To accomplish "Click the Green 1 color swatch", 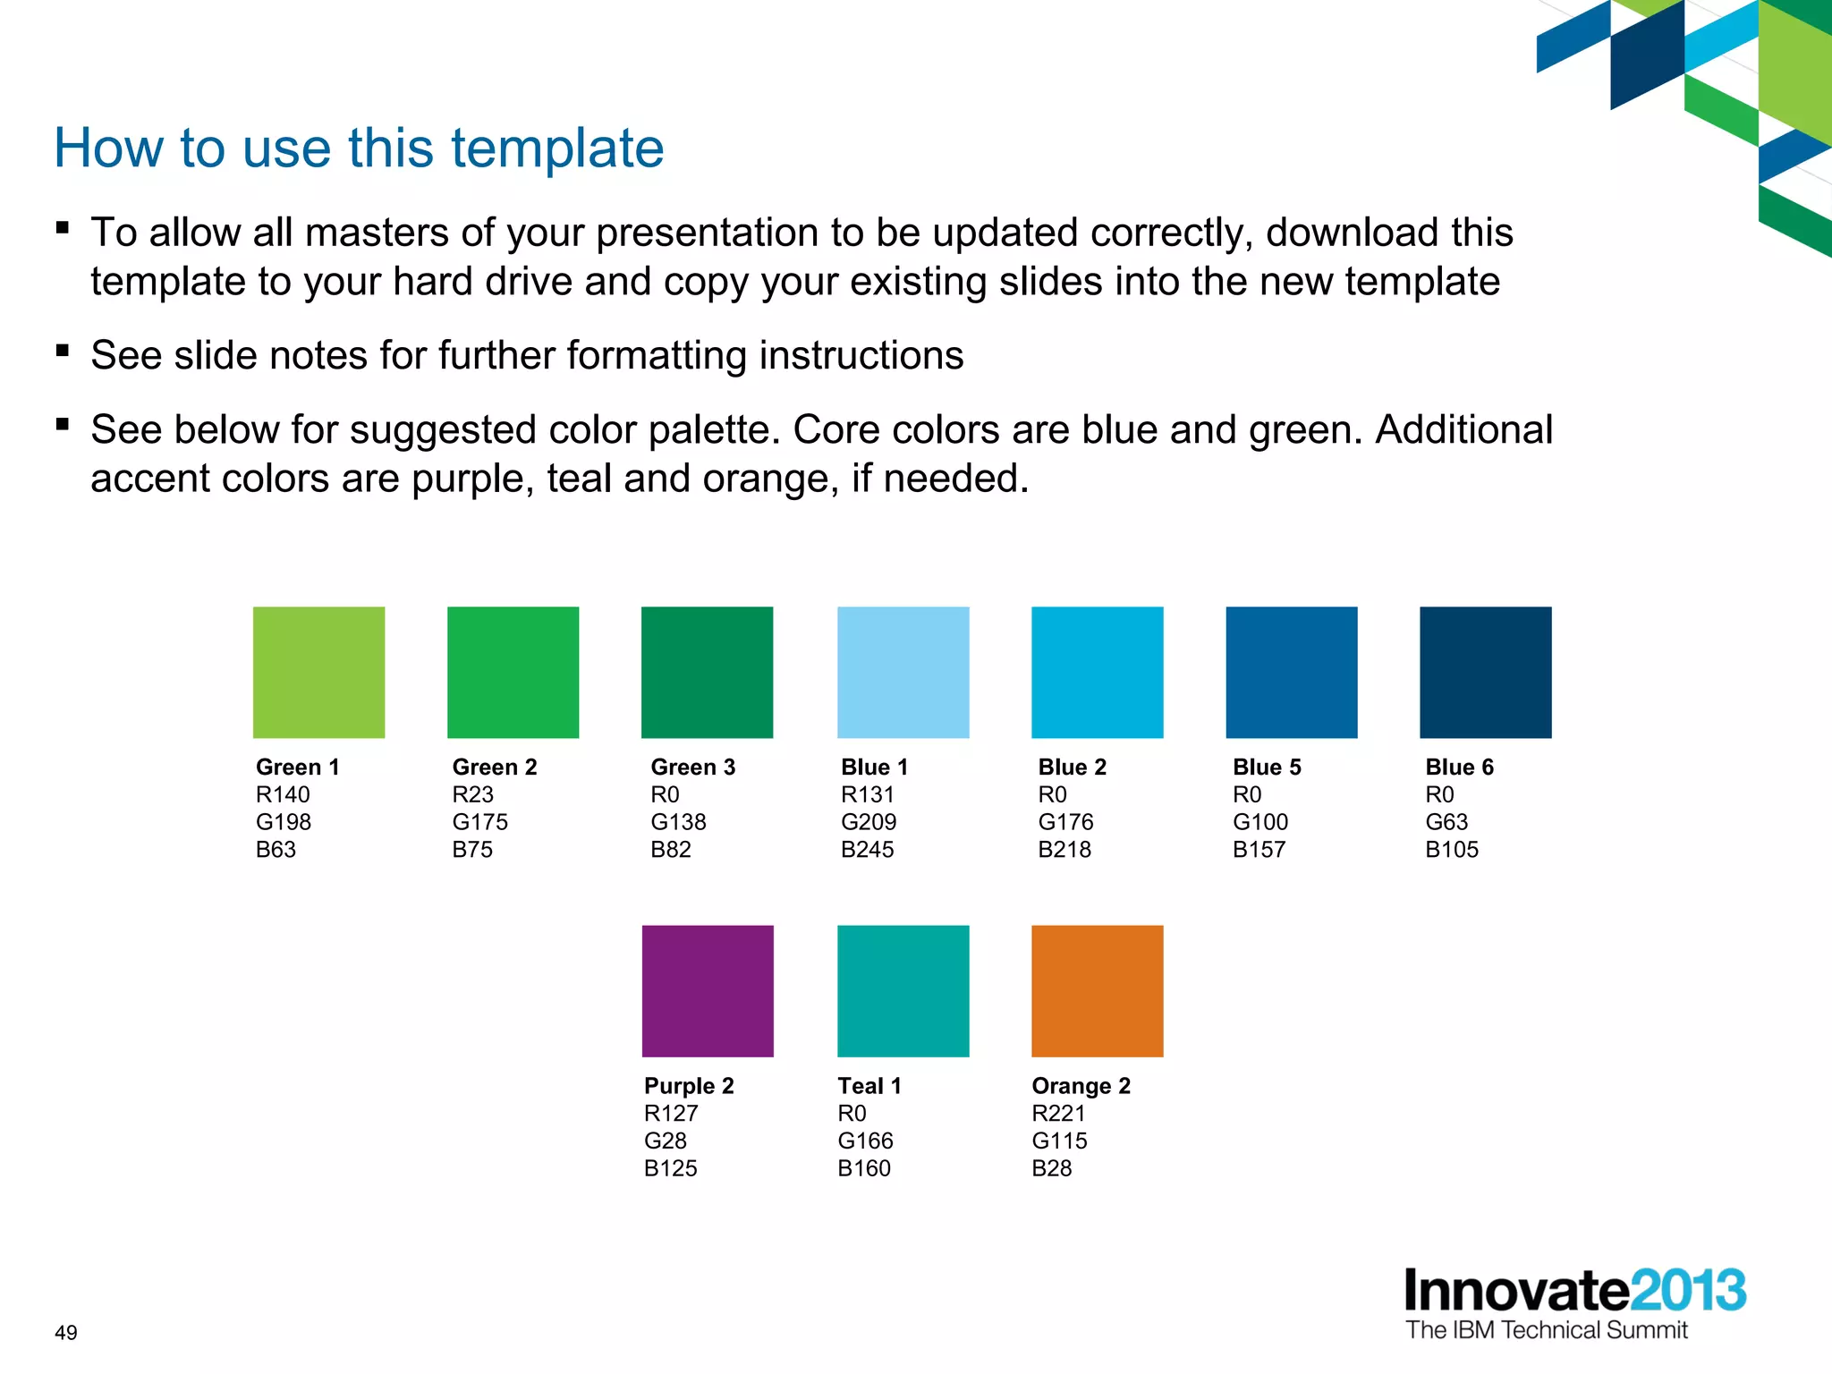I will pyautogui.click(x=318, y=672).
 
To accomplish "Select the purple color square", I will pyautogui.click(x=708, y=990).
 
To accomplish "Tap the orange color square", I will pyautogui.click(x=1097, y=990).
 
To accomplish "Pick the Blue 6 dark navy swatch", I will pyautogui.click(x=1485, y=672).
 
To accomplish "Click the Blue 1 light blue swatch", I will pyautogui.click(x=903, y=672).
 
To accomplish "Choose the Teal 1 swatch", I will pyautogui.click(x=903, y=990).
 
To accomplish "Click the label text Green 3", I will pyautogui.click(x=692, y=767).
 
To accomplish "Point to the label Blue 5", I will pyautogui.click(x=1267, y=767).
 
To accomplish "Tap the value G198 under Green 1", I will pyautogui.click(x=284, y=821).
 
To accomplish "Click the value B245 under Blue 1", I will pyautogui.click(x=867, y=849).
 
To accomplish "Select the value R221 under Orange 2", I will pyautogui.click(x=1058, y=1113).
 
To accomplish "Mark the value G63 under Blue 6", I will pyautogui.click(x=1446, y=821).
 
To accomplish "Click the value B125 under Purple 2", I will pyautogui.click(x=670, y=1167).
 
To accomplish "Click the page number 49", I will pyautogui.click(x=66, y=1332).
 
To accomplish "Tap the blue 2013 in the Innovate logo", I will pyautogui.click(x=1687, y=1291).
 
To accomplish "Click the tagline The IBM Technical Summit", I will pyautogui.click(x=1546, y=1330).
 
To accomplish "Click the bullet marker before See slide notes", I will pyautogui.click(x=63, y=350).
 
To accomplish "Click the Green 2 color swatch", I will pyautogui.click(x=513, y=672).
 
